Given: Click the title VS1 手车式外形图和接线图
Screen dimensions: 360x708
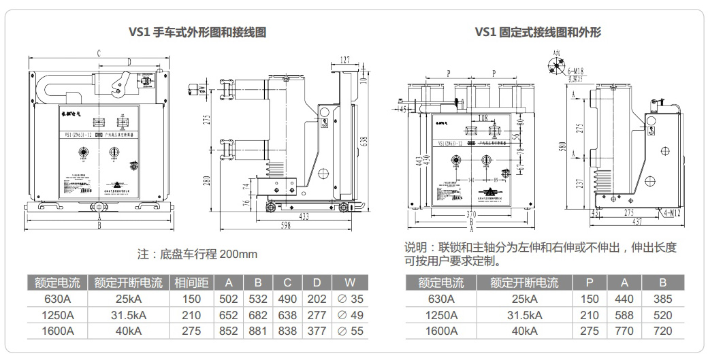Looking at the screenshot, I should (x=197, y=32).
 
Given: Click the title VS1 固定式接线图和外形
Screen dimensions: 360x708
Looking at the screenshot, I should (x=538, y=32).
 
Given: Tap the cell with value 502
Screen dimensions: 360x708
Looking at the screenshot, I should (x=229, y=299).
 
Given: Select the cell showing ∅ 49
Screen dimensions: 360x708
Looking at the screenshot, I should (x=351, y=315).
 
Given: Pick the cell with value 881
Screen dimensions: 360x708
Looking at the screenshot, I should (x=258, y=331).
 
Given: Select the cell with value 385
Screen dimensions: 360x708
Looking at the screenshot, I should (x=662, y=299).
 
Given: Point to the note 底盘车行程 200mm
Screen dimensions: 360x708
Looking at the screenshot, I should (x=197, y=255).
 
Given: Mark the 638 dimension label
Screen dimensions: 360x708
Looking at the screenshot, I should (x=364, y=141).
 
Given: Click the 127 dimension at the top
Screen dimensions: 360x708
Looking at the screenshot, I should (x=346, y=60).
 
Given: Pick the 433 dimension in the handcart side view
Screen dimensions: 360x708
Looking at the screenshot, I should (x=304, y=216).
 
